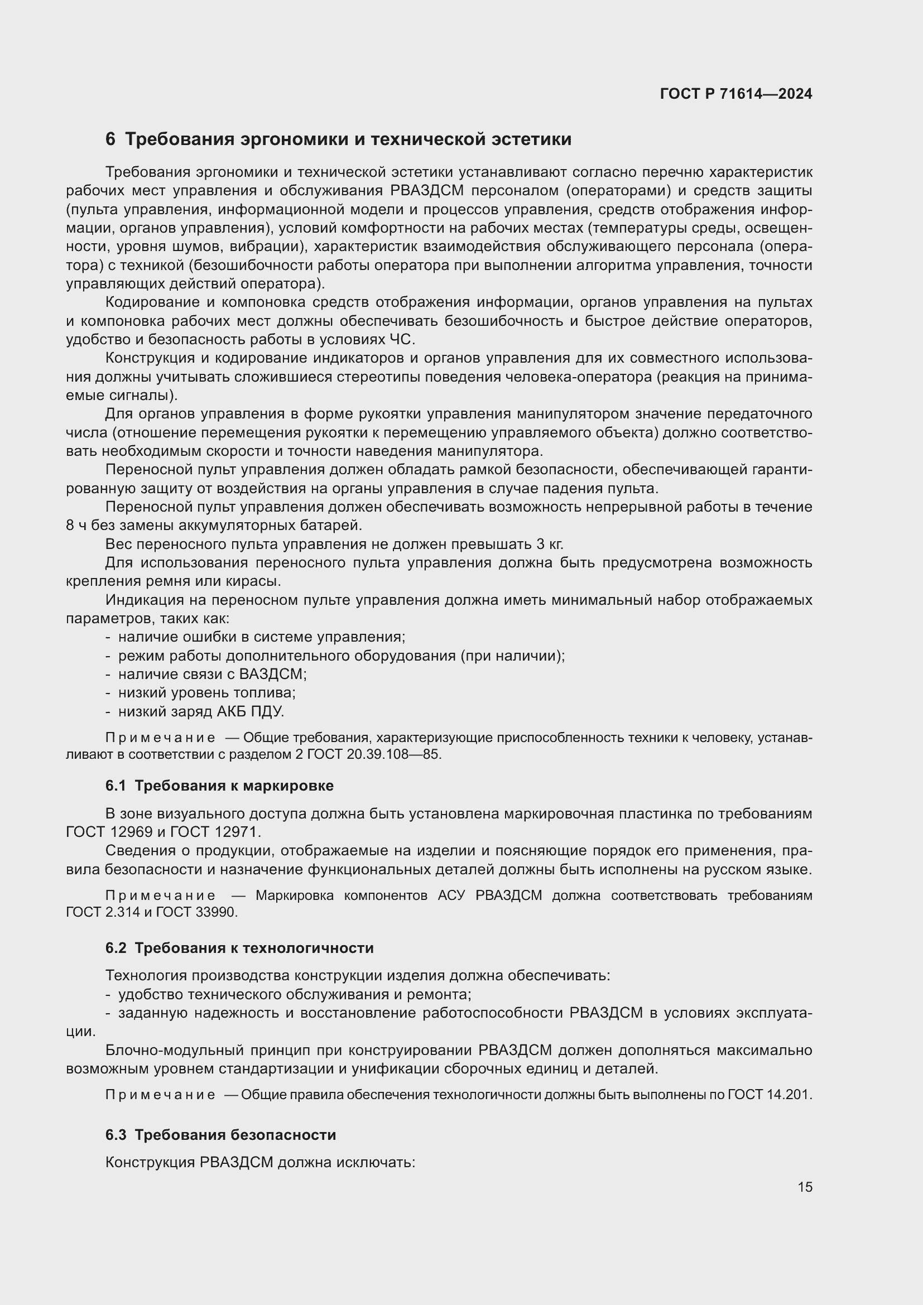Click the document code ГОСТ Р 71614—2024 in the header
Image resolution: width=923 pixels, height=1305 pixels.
tap(735, 94)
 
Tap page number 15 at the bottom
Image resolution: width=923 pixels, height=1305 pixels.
tap(805, 1187)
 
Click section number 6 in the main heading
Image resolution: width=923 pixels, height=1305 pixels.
tap(110, 139)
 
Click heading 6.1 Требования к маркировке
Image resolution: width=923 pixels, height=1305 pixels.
tap(219, 786)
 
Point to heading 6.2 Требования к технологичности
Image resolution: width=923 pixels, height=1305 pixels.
tap(239, 947)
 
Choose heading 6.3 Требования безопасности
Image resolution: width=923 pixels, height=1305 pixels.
tap(220, 1134)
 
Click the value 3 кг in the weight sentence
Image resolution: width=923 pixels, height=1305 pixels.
tap(549, 544)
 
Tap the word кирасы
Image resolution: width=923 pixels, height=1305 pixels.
tap(255, 581)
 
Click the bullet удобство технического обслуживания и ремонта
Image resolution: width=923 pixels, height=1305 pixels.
tap(295, 994)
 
